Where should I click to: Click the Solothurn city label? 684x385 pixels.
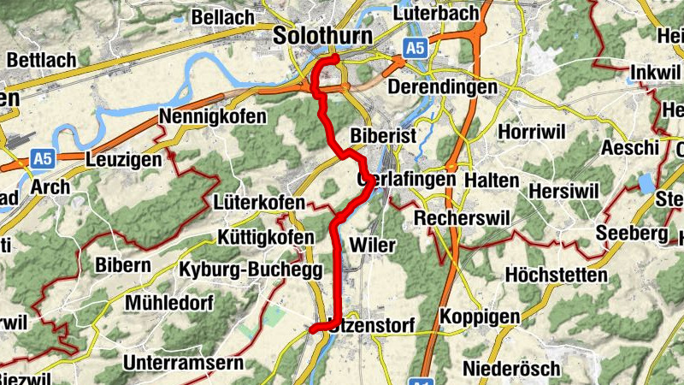coord(324,36)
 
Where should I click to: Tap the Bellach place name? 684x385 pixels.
coord(223,16)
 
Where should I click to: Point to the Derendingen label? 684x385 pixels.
coord(442,87)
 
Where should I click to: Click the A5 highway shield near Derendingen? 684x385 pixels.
coord(415,50)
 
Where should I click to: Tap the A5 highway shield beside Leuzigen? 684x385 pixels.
coord(43,158)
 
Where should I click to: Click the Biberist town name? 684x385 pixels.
coord(382,137)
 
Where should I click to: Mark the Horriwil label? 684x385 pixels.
coord(531,135)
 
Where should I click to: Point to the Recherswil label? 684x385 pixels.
coord(462,219)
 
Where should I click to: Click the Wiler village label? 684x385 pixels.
coord(373,246)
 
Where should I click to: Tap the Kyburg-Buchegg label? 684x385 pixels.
coord(251,269)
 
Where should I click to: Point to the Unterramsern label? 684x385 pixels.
coord(183,363)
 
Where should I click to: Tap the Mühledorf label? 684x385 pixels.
coord(168,303)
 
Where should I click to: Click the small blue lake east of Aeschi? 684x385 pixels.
coord(646,184)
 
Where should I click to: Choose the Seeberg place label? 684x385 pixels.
coord(631,233)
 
